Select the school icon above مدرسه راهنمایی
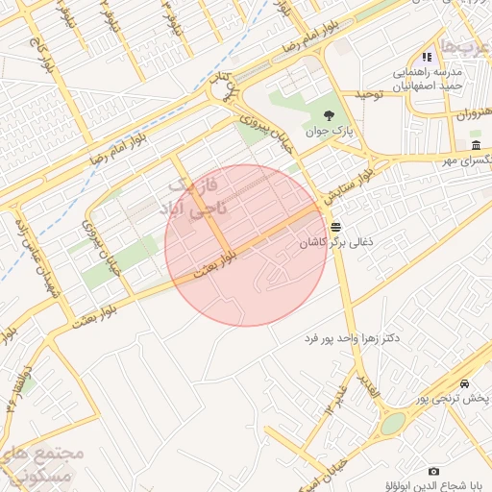click(427, 58)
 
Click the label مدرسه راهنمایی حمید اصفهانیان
click(425, 80)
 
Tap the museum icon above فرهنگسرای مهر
click(477, 145)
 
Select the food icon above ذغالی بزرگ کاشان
click(335, 228)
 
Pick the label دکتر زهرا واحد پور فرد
click(351, 339)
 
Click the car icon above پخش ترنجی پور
click(466, 381)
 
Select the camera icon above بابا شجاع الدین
click(433, 471)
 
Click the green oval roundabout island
click(393, 424)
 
